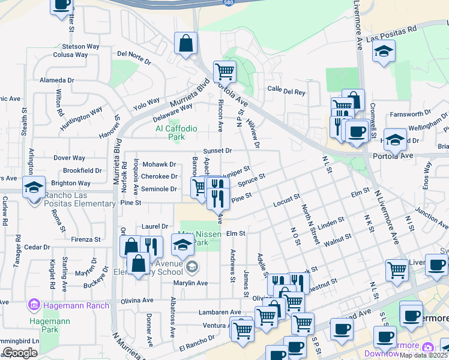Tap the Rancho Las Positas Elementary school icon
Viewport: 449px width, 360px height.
click(x=34, y=187)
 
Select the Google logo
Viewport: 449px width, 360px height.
click(x=20, y=352)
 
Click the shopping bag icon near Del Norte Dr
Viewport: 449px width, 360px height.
click(x=186, y=44)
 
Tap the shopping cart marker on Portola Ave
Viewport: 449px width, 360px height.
click(x=224, y=71)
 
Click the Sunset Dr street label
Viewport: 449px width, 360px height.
click(x=217, y=151)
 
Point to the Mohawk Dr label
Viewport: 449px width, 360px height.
click(x=159, y=164)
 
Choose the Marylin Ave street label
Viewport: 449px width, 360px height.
click(x=190, y=283)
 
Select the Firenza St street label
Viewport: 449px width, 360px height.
click(x=87, y=239)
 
